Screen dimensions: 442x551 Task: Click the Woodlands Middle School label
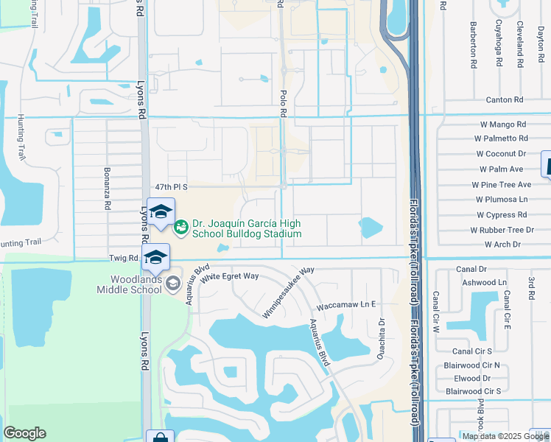pyautogui.click(x=129, y=284)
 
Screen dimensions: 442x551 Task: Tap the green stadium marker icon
pyautogui.click(x=180, y=229)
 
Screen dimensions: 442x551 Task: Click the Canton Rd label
pyautogui.click(x=504, y=99)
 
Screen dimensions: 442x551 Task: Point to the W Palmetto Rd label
pyautogui.click(x=501, y=138)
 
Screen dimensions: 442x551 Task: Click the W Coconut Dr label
pyautogui.click(x=501, y=154)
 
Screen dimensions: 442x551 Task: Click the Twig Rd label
pyautogui.click(x=123, y=259)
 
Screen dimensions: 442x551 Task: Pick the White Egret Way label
pyautogui.click(x=231, y=276)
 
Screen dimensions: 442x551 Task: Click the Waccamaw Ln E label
pyautogui.click(x=345, y=304)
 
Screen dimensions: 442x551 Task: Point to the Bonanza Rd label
pyautogui.click(x=107, y=193)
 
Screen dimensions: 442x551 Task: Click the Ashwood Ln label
pyautogui.click(x=484, y=282)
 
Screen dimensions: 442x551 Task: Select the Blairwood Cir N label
pyautogui.click(x=472, y=365)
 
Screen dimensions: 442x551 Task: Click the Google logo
pyautogui.click(x=24, y=433)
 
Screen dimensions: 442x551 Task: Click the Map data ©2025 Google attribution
pyautogui.click(x=505, y=436)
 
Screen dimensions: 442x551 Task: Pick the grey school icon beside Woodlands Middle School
pyautogui.click(x=172, y=284)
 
